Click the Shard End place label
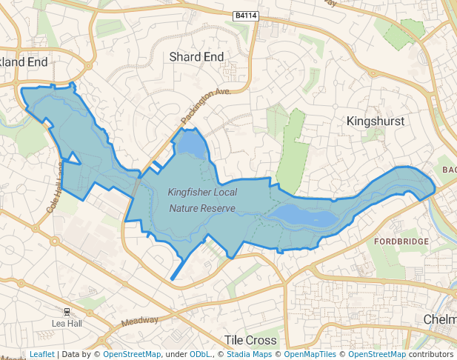pyautogui.click(x=196, y=57)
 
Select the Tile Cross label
pyautogui.click(x=250, y=340)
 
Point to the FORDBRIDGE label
pyautogui.click(x=401, y=242)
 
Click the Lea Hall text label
pyautogui.click(x=67, y=324)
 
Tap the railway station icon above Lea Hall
pyautogui.click(x=67, y=312)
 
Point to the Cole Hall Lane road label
pyautogui.click(x=53, y=189)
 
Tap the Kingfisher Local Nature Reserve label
pyautogui.click(x=202, y=200)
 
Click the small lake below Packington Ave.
pyautogui.click(x=190, y=144)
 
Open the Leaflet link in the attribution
pyautogui.click(x=41, y=354)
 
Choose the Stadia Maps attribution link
pyautogui.click(x=249, y=354)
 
